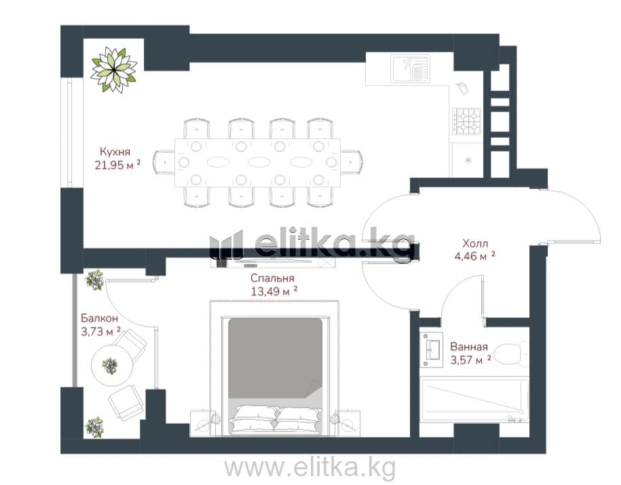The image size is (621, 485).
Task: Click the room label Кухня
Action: [x=115, y=151]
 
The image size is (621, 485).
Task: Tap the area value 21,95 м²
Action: [x=117, y=165]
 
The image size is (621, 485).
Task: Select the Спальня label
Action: [x=272, y=279]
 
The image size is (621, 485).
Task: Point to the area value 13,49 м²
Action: [x=274, y=291]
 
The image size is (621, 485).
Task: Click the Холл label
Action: [x=475, y=243]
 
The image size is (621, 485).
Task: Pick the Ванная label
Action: [x=469, y=347]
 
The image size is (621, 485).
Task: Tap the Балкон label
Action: [x=99, y=318]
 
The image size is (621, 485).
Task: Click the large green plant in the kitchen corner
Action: [x=114, y=70]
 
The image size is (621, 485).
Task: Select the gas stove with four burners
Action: [x=467, y=121]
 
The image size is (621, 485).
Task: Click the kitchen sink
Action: [x=411, y=68]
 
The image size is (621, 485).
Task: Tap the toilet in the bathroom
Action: [x=512, y=354]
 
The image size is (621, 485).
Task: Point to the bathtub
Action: [x=475, y=400]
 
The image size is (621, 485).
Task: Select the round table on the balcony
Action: [x=111, y=365]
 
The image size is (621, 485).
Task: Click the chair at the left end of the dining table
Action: [x=164, y=162]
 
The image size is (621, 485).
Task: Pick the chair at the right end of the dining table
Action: [x=352, y=162]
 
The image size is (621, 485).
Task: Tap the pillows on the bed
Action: [x=276, y=419]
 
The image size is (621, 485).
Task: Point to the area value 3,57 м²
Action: [x=470, y=360]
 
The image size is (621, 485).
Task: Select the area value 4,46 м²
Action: [x=475, y=256]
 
